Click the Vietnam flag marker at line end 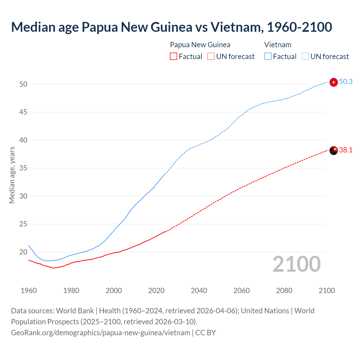[x=333, y=82]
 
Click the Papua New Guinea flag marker [x=333, y=150]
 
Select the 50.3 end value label [x=346, y=82]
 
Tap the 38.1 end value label [x=346, y=150]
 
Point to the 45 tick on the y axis [x=23, y=112]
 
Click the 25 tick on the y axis [x=23, y=224]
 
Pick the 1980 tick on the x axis [x=71, y=291]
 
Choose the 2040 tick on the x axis [x=199, y=291]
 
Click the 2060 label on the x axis [x=242, y=291]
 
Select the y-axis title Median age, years [x=12, y=175]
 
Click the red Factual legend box [x=174, y=57]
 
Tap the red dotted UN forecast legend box [x=211, y=57]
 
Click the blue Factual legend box [x=268, y=57]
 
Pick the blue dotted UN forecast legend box [x=305, y=57]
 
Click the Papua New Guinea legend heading [x=200, y=45]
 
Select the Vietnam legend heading [x=278, y=45]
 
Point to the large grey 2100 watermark [x=296, y=264]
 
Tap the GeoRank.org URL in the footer [x=100, y=333]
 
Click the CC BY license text [x=206, y=333]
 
